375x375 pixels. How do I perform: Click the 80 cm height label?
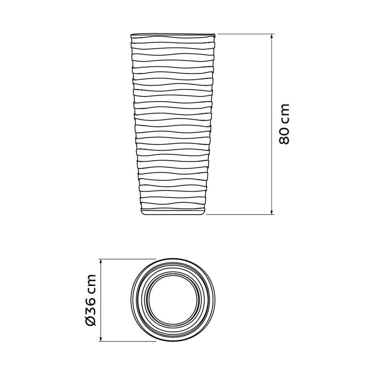click(x=284, y=124)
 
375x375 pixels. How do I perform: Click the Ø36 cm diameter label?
click(x=90, y=300)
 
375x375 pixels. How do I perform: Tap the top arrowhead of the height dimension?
click(x=271, y=36)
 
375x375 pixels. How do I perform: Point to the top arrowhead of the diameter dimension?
click(x=100, y=261)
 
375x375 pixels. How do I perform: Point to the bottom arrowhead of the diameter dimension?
click(x=100, y=339)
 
